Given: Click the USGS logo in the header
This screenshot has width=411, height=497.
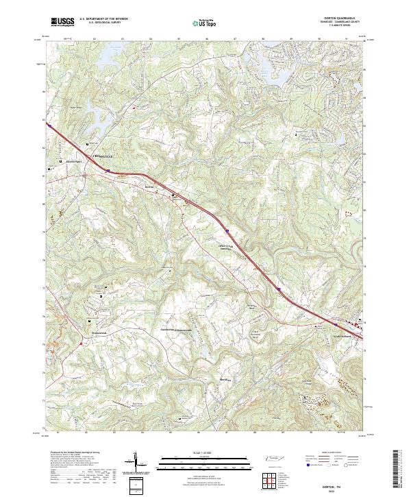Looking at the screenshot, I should [x=61, y=22].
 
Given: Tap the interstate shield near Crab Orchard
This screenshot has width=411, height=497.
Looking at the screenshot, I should [x=279, y=289].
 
